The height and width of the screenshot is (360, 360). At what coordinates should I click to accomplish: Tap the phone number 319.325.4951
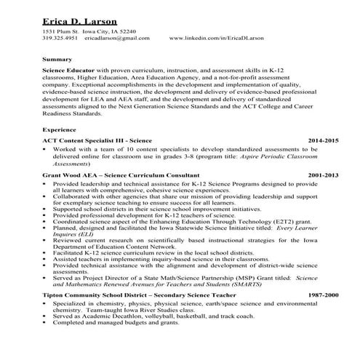[59, 41]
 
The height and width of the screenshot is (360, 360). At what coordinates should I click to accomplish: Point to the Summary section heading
[57, 58]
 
